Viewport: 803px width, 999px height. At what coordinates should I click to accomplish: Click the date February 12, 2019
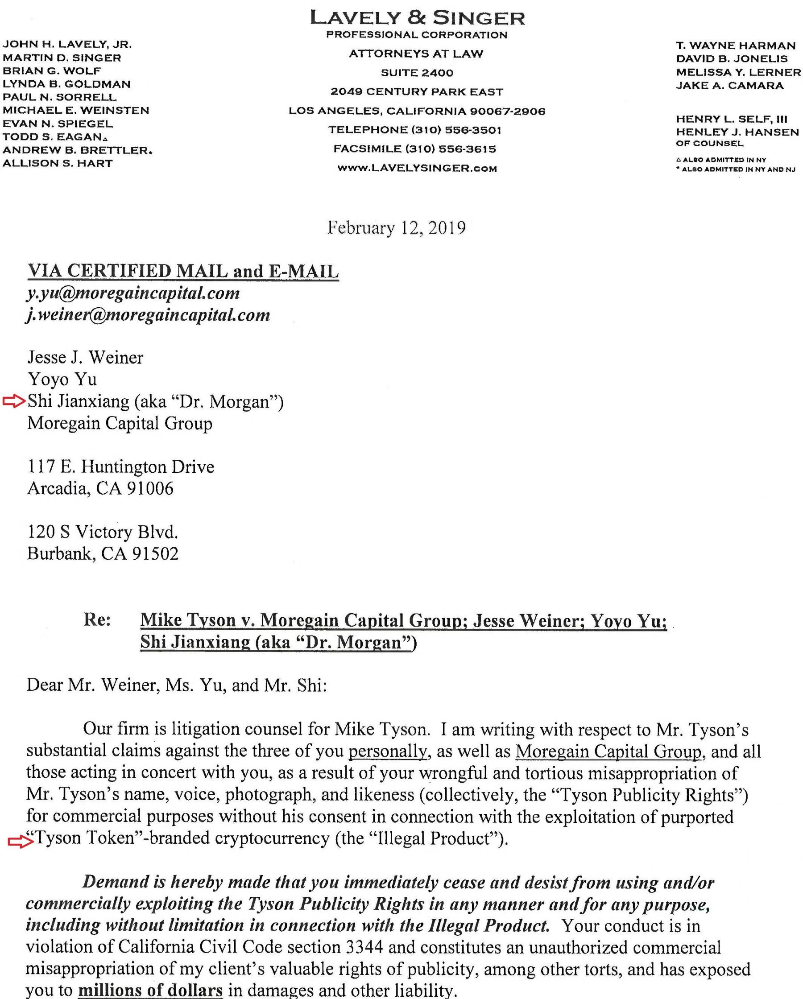[x=397, y=228]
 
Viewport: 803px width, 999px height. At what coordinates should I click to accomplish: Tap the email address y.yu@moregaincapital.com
[x=133, y=293]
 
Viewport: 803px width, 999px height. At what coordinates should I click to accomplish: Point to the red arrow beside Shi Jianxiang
[x=13, y=401]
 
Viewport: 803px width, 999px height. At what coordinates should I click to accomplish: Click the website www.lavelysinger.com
[x=417, y=168]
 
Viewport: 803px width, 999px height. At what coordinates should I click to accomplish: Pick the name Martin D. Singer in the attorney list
[x=62, y=58]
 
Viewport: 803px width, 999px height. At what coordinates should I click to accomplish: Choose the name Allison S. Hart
[x=58, y=163]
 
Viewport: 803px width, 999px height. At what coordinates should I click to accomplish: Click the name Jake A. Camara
[x=730, y=85]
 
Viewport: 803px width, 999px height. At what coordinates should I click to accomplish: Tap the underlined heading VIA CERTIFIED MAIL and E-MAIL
[x=183, y=272]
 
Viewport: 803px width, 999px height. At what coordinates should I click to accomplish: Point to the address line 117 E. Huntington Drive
[x=120, y=466]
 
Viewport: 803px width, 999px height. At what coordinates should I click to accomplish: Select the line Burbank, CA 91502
[x=103, y=554]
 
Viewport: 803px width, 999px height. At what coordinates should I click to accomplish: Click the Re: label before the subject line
[x=97, y=620]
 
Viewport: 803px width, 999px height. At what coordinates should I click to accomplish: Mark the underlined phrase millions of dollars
[x=150, y=991]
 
